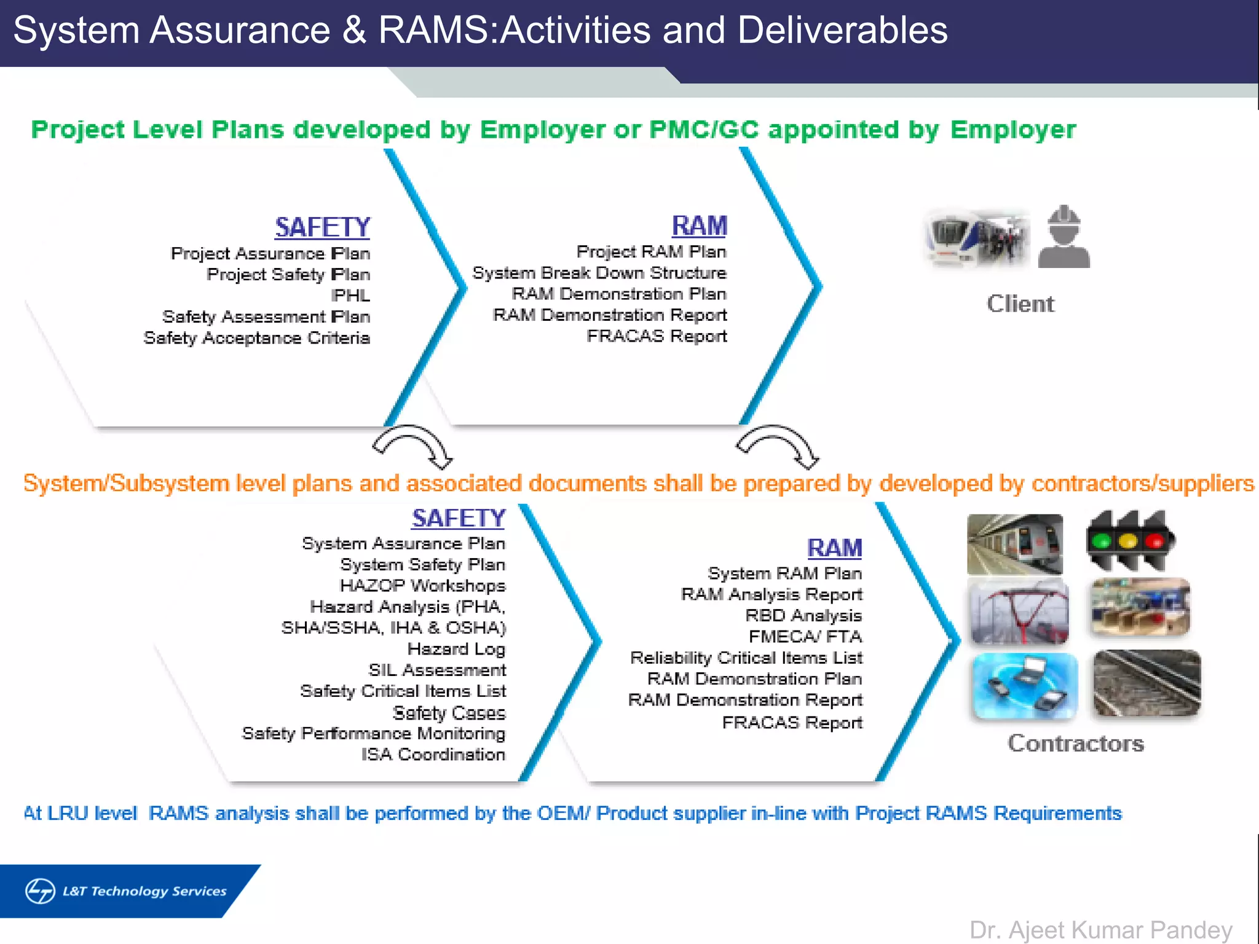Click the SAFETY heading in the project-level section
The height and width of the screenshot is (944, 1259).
[x=322, y=227]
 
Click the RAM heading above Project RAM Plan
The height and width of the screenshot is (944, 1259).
[x=699, y=226]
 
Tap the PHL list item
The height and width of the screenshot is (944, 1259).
[x=350, y=296]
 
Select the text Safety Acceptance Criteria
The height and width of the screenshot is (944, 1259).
[x=256, y=338]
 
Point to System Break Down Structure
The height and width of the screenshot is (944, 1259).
[x=599, y=273]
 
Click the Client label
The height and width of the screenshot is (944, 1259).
[x=1020, y=304]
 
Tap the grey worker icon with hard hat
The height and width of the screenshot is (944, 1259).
[x=1064, y=237]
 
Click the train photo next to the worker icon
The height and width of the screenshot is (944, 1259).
[x=977, y=239]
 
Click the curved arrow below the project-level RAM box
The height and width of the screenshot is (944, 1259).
[x=778, y=446]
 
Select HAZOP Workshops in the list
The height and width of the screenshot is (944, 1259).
[x=422, y=585]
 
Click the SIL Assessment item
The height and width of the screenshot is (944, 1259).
[x=437, y=670]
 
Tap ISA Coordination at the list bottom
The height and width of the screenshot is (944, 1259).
[x=433, y=754]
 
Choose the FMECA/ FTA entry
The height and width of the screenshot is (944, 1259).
[x=805, y=637]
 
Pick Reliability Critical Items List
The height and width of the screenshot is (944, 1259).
[x=746, y=658]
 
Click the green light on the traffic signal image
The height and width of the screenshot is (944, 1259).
[x=1102, y=541]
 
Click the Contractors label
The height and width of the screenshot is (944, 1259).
[x=1076, y=744]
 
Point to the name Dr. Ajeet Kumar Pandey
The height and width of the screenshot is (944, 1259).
[x=1100, y=930]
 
